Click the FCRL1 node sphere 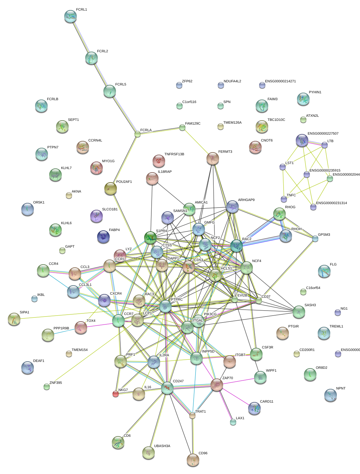[x=70, y=16]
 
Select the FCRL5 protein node [x=109, y=91]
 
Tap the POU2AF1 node [x=110, y=188]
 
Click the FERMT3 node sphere [x=213, y=158]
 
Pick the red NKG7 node [x=116, y=394]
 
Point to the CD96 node [x=193, y=460]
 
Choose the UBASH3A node [x=149, y=452]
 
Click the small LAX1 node [x=233, y=422]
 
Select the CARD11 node [x=254, y=408]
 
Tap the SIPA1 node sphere [x=14, y=319]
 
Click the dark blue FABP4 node [x=103, y=237]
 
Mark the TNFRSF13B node [x=159, y=161]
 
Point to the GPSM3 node [x=315, y=239]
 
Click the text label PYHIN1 [x=315, y=92]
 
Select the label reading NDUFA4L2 [x=232, y=81]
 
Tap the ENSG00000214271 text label [x=280, y=81]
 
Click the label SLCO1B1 [x=110, y=209]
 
